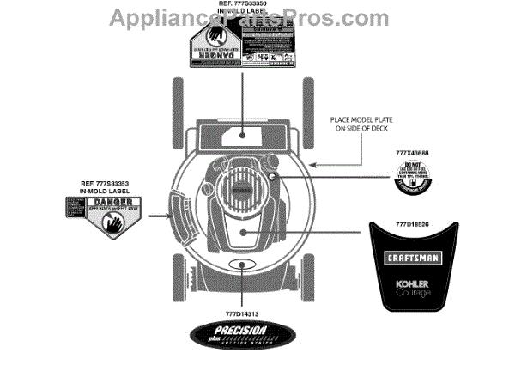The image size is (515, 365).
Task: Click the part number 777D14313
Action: click(241, 314)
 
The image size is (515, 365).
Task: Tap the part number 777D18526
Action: click(410, 222)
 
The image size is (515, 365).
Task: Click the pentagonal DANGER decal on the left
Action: click(99, 215)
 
